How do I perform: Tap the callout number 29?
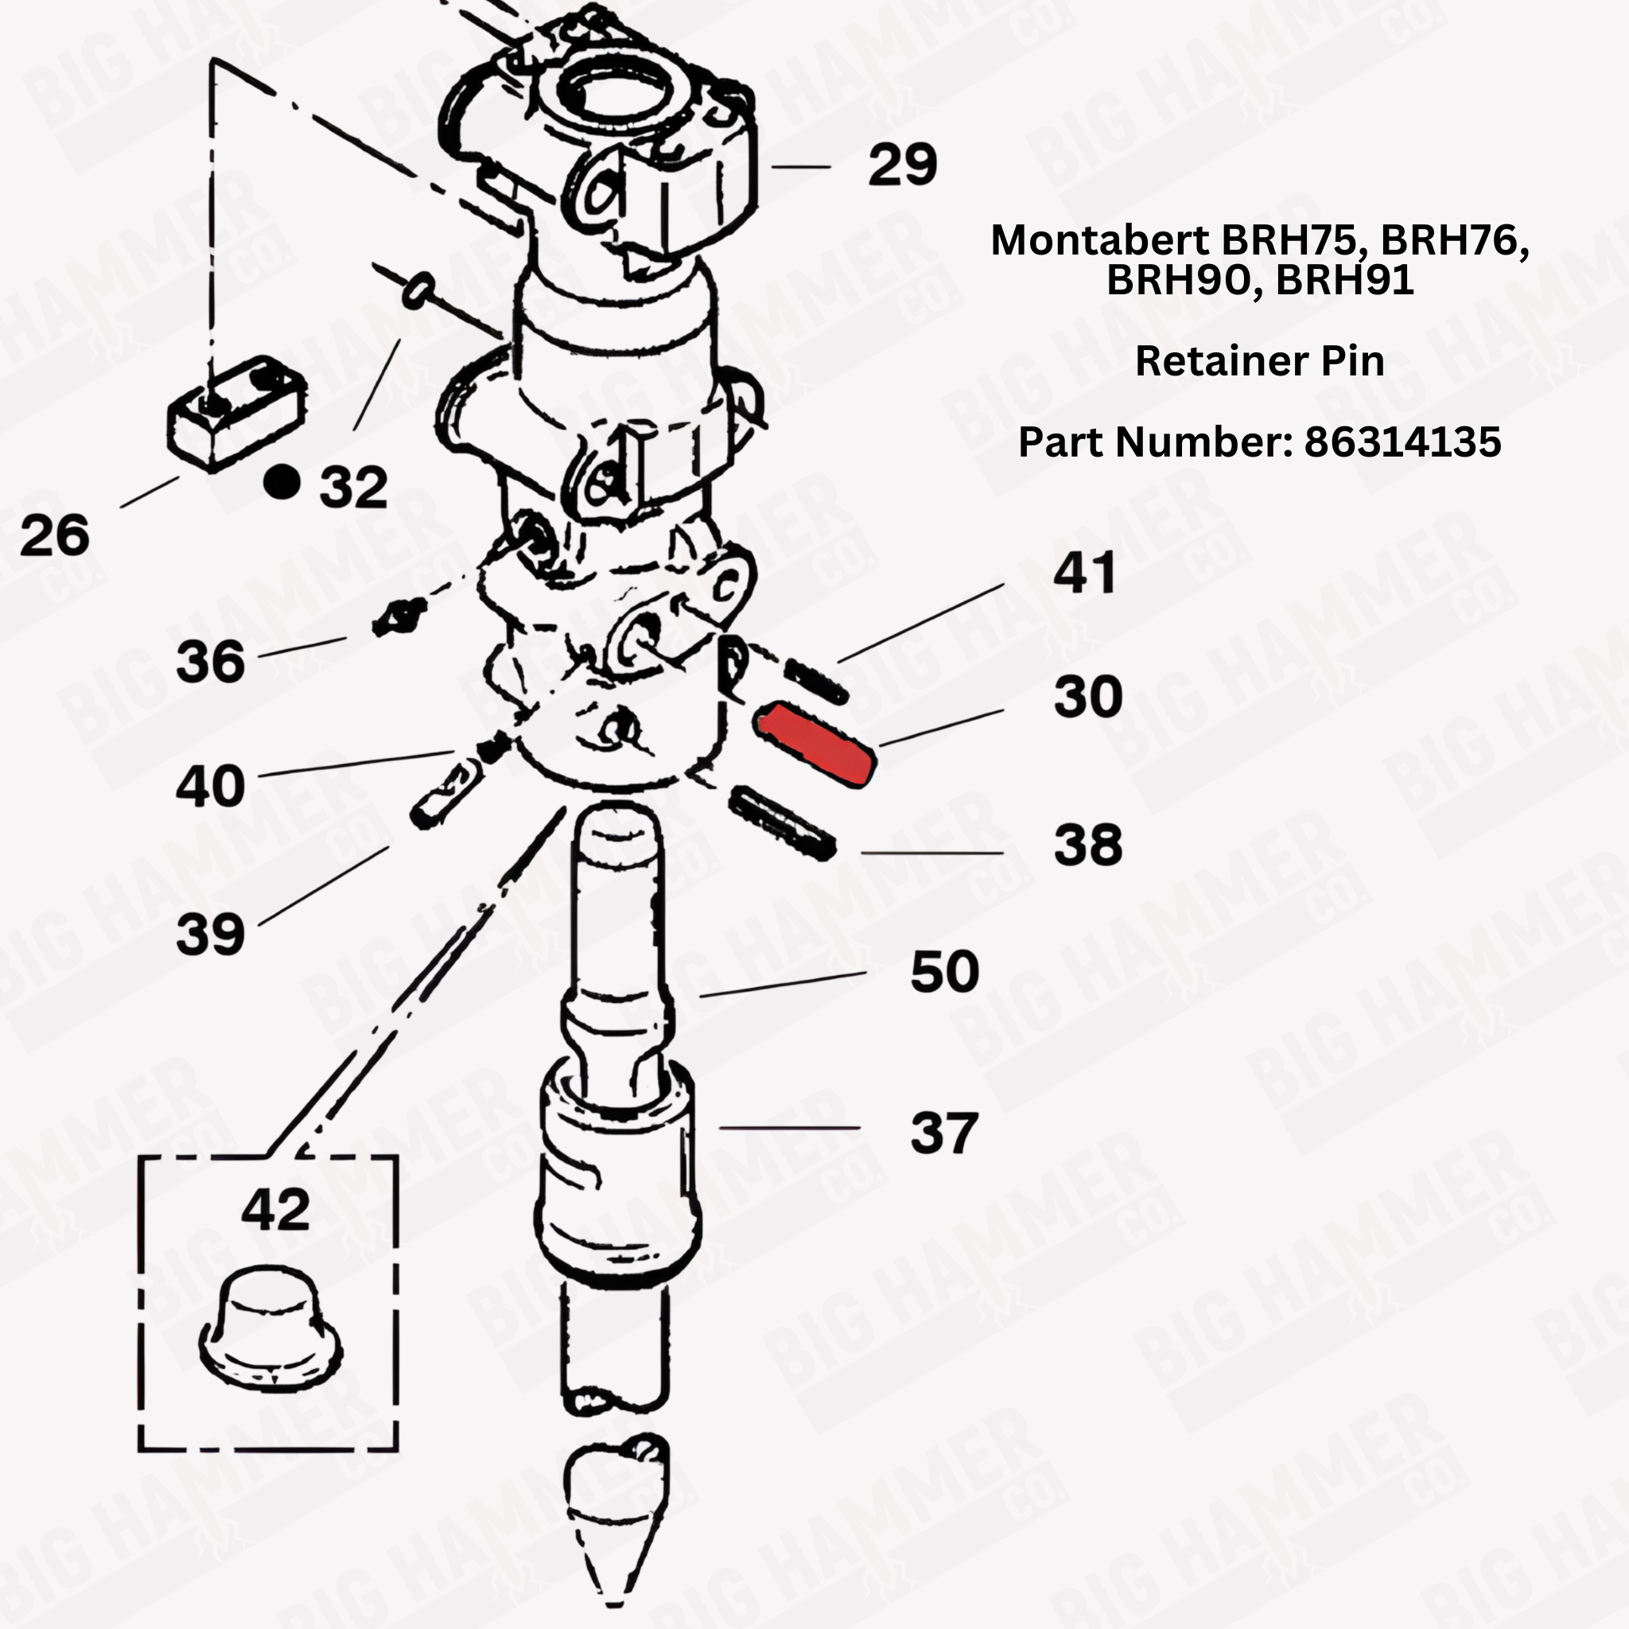[901, 165]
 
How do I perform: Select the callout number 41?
[1084, 573]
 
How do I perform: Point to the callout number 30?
[1087, 698]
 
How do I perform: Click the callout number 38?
[1087, 845]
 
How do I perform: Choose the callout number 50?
[944, 971]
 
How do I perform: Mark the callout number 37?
[943, 1133]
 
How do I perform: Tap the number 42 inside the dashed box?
[275, 1211]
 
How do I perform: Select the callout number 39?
[210, 935]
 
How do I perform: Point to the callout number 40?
[210, 786]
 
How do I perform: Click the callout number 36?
[210, 661]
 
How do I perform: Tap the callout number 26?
[54, 535]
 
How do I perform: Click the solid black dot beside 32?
[282, 482]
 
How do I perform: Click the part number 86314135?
[1402, 441]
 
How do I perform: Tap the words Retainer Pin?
[1260, 361]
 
